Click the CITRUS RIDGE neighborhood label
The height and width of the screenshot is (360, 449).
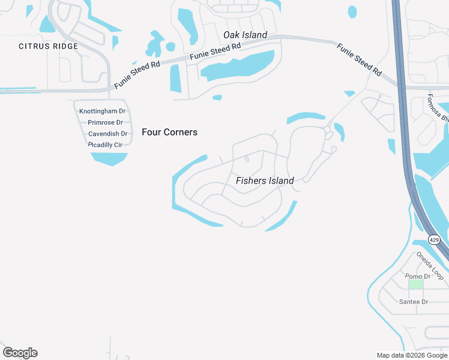tap(48, 46)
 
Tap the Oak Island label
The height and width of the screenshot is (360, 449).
tap(245, 35)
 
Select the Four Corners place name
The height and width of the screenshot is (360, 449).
tap(169, 132)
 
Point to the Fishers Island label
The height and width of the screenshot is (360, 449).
tap(265, 181)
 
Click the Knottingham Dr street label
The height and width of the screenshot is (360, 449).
tap(102, 111)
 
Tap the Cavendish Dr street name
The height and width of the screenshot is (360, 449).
tap(107, 134)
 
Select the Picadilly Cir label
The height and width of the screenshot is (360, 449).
tap(105, 145)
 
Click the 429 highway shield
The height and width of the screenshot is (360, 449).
tap(435, 239)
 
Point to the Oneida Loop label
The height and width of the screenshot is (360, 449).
tap(430, 265)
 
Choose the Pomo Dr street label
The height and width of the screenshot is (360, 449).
tap(418, 277)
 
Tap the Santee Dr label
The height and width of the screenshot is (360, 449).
tap(413, 302)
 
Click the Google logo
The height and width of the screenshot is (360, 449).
tap(20, 353)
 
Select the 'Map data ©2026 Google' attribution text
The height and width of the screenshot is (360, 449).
tap(412, 355)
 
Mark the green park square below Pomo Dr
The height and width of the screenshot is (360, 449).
tap(415, 284)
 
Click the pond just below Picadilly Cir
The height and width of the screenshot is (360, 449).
tap(109, 158)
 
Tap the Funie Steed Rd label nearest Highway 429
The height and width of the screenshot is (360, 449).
tap(359, 59)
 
